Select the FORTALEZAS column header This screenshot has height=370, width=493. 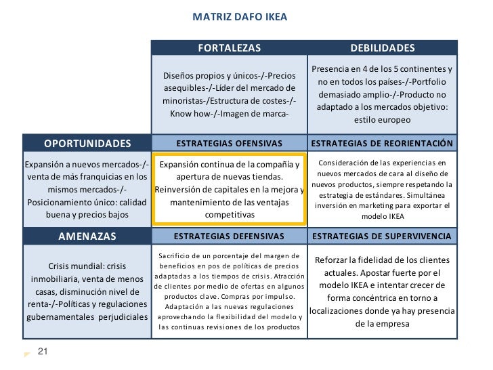pos(229,48)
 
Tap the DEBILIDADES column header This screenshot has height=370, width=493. pos(383,48)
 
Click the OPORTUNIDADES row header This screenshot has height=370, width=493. pos(87,144)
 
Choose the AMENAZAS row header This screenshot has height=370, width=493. pos(87,237)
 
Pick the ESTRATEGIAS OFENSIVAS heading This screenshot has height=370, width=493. pos(229,144)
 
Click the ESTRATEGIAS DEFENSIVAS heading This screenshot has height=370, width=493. pos(229,237)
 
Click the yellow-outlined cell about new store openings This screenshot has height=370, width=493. pos(229,189)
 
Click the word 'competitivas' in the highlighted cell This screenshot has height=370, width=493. pos(230,215)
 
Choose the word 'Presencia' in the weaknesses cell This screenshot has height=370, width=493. pos(331,69)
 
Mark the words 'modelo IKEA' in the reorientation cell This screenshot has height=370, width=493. pos(383,218)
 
